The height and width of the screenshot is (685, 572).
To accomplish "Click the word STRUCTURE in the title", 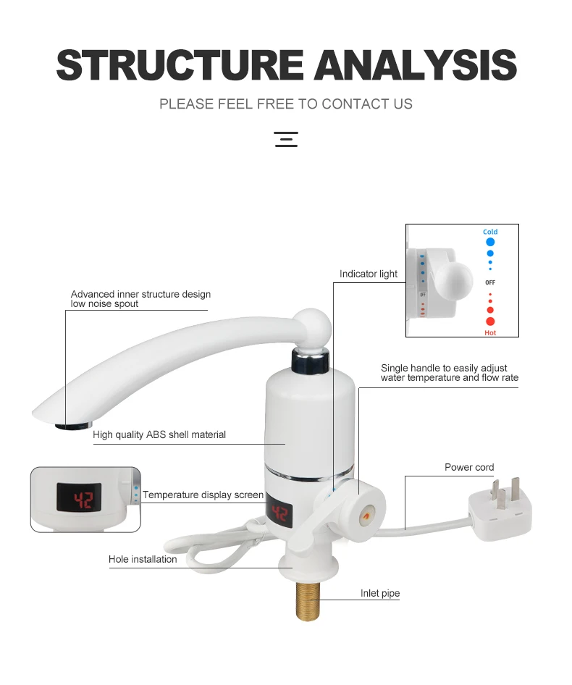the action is [x=180, y=65].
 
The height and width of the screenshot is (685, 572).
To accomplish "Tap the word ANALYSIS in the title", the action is [x=416, y=65].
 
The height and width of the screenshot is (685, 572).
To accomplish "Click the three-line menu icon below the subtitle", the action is [x=286, y=139].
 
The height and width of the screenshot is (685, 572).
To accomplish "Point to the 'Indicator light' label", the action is [x=369, y=274].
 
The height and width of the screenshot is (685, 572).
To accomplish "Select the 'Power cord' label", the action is [x=469, y=467].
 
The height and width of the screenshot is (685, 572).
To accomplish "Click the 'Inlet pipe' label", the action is [x=379, y=593].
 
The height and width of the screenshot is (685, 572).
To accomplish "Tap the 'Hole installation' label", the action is [x=143, y=559].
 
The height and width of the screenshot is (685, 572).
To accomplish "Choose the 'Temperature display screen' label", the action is [x=203, y=495].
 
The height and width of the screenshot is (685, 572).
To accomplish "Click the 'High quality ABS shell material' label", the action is [x=159, y=434].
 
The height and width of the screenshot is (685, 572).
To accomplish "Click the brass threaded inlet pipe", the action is [x=308, y=601].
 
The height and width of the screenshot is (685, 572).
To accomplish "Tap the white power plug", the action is [x=501, y=508].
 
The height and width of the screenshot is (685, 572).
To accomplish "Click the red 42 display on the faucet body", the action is [x=279, y=513].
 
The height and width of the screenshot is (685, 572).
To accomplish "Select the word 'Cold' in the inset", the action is [x=490, y=232].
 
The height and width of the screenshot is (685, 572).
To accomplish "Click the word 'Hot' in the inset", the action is [x=490, y=333].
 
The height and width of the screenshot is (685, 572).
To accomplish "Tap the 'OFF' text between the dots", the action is [x=490, y=282].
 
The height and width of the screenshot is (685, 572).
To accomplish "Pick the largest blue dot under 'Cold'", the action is [x=490, y=242].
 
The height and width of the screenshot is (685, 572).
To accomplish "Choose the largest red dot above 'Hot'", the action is [x=490, y=322].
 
